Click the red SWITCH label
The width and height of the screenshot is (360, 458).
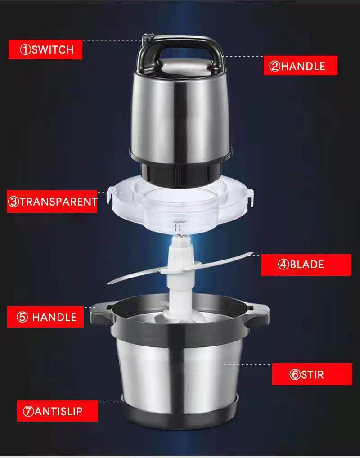tap(45, 49)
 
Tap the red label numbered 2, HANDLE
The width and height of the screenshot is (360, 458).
tap(301, 66)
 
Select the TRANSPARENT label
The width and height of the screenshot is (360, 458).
tap(52, 202)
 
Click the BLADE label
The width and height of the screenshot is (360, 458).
tap(306, 265)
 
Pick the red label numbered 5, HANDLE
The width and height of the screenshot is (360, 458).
tap(45, 317)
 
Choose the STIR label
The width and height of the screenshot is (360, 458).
tap(312, 374)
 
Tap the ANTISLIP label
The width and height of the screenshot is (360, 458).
tap(58, 411)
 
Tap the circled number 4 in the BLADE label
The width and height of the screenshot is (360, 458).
tap(283, 265)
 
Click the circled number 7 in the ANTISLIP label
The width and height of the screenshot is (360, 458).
tap(28, 411)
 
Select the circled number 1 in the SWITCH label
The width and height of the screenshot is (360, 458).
tap(25, 49)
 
